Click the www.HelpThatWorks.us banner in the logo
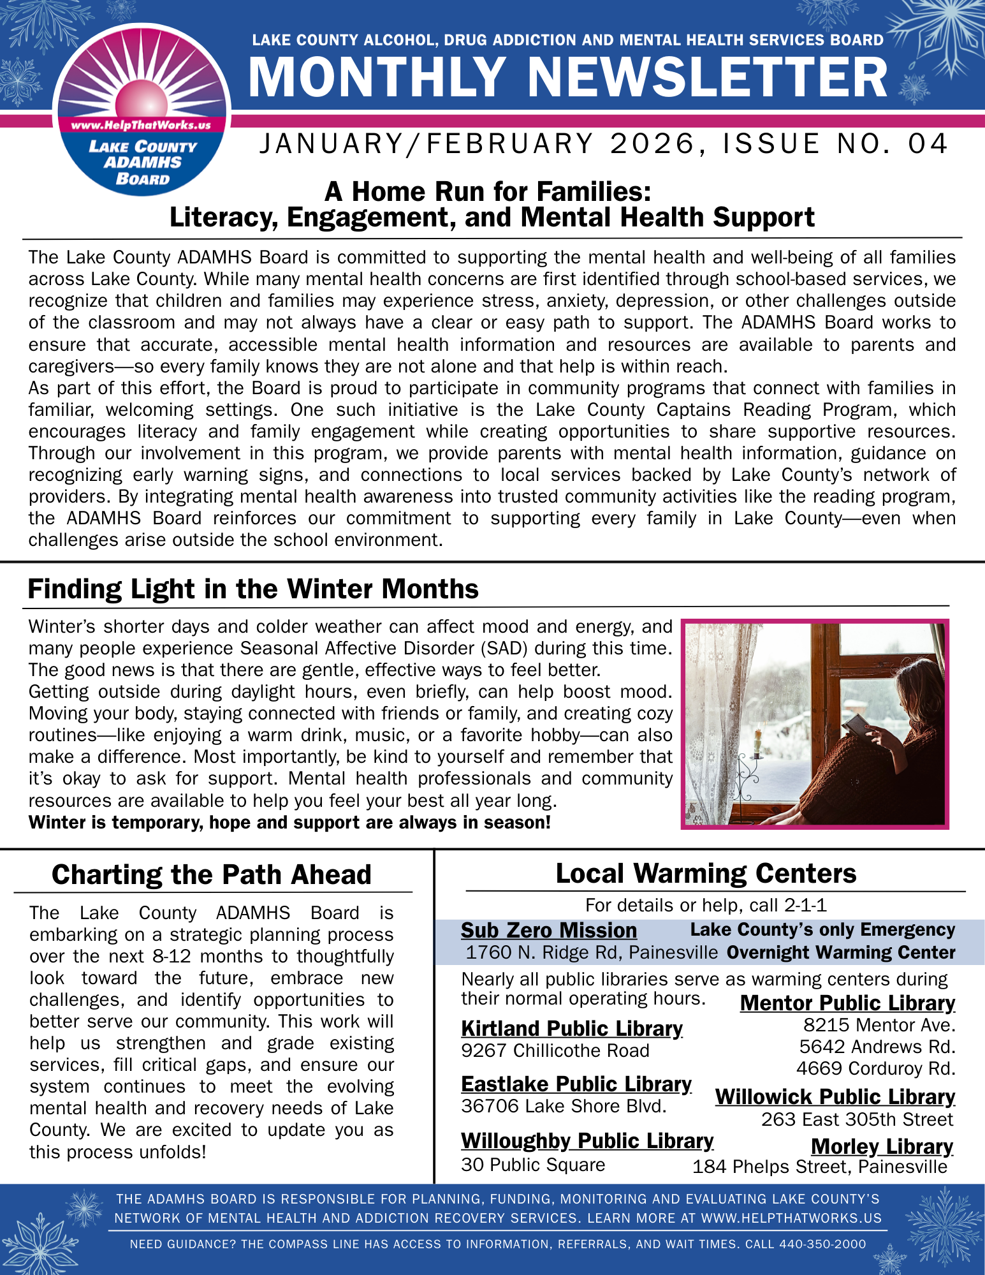(x=141, y=125)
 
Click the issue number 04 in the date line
(x=928, y=144)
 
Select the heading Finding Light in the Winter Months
(x=253, y=589)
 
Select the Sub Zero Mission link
(x=549, y=930)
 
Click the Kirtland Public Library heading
(x=572, y=1028)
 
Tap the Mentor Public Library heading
(x=847, y=1003)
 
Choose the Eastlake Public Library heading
(x=576, y=1084)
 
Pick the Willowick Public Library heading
(x=835, y=1096)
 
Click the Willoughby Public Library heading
(x=587, y=1140)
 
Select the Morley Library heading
(x=882, y=1146)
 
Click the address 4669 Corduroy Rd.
(x=875, y=1068)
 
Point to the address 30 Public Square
(x=533, y=1165)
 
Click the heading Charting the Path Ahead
(x=212, y=874)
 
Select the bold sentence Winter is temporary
(x=289, y=822)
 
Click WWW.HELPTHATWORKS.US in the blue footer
(x=791, y=1218)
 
